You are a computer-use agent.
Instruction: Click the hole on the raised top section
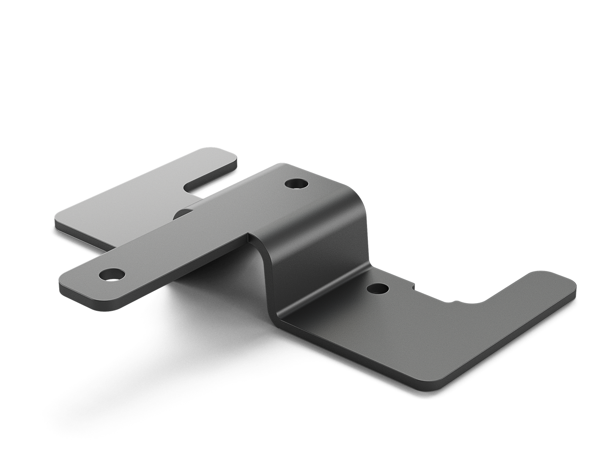[x=296, y=184]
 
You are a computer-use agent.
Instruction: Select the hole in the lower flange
[x=378, y=289]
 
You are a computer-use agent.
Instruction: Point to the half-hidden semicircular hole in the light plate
[x=183, y=213]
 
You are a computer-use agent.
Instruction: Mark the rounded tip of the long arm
[x=68, y=279]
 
